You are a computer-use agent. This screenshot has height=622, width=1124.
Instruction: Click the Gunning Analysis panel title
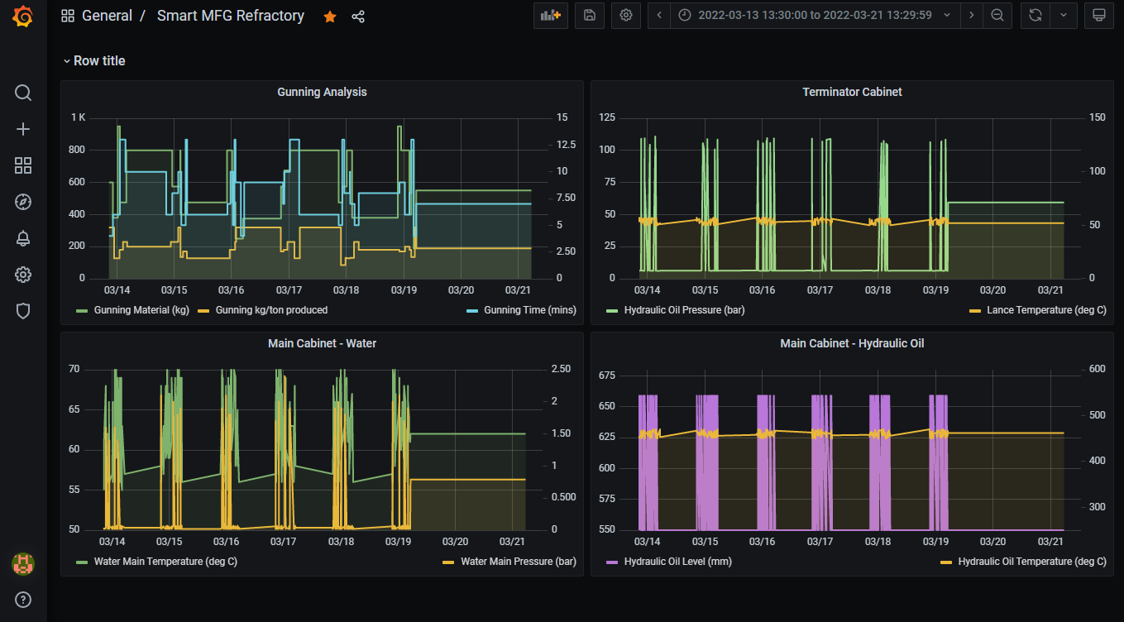pos(322,92)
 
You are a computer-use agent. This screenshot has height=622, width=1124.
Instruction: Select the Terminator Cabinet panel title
pos(852,92)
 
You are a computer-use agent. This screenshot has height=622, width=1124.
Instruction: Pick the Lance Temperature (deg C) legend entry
pos(1045,310)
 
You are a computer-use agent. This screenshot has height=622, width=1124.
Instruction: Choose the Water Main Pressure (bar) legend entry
pos(518,562)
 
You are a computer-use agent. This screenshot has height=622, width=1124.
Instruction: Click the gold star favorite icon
pos(330,17)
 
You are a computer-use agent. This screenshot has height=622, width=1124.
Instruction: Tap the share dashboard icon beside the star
pos(358,17)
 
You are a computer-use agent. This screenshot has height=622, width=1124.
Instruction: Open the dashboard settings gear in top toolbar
pos(626,16)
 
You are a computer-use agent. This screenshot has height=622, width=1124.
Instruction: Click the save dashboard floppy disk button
pos(590,16)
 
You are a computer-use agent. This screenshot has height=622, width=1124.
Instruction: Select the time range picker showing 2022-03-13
pos(814,16)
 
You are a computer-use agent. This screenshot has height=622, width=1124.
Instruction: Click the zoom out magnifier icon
pos(997,16)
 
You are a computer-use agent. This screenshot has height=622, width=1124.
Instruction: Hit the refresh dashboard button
pos(1035,16)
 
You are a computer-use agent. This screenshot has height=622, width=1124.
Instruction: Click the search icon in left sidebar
pos(23,93)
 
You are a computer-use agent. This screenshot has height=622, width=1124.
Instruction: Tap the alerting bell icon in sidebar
pos(23,238)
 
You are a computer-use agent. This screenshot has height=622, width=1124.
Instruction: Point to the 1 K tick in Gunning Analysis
pos(78,117)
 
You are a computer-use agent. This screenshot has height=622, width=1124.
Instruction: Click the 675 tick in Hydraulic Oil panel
pos(607,376)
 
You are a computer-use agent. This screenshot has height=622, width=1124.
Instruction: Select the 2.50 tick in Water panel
pos(560,369)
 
